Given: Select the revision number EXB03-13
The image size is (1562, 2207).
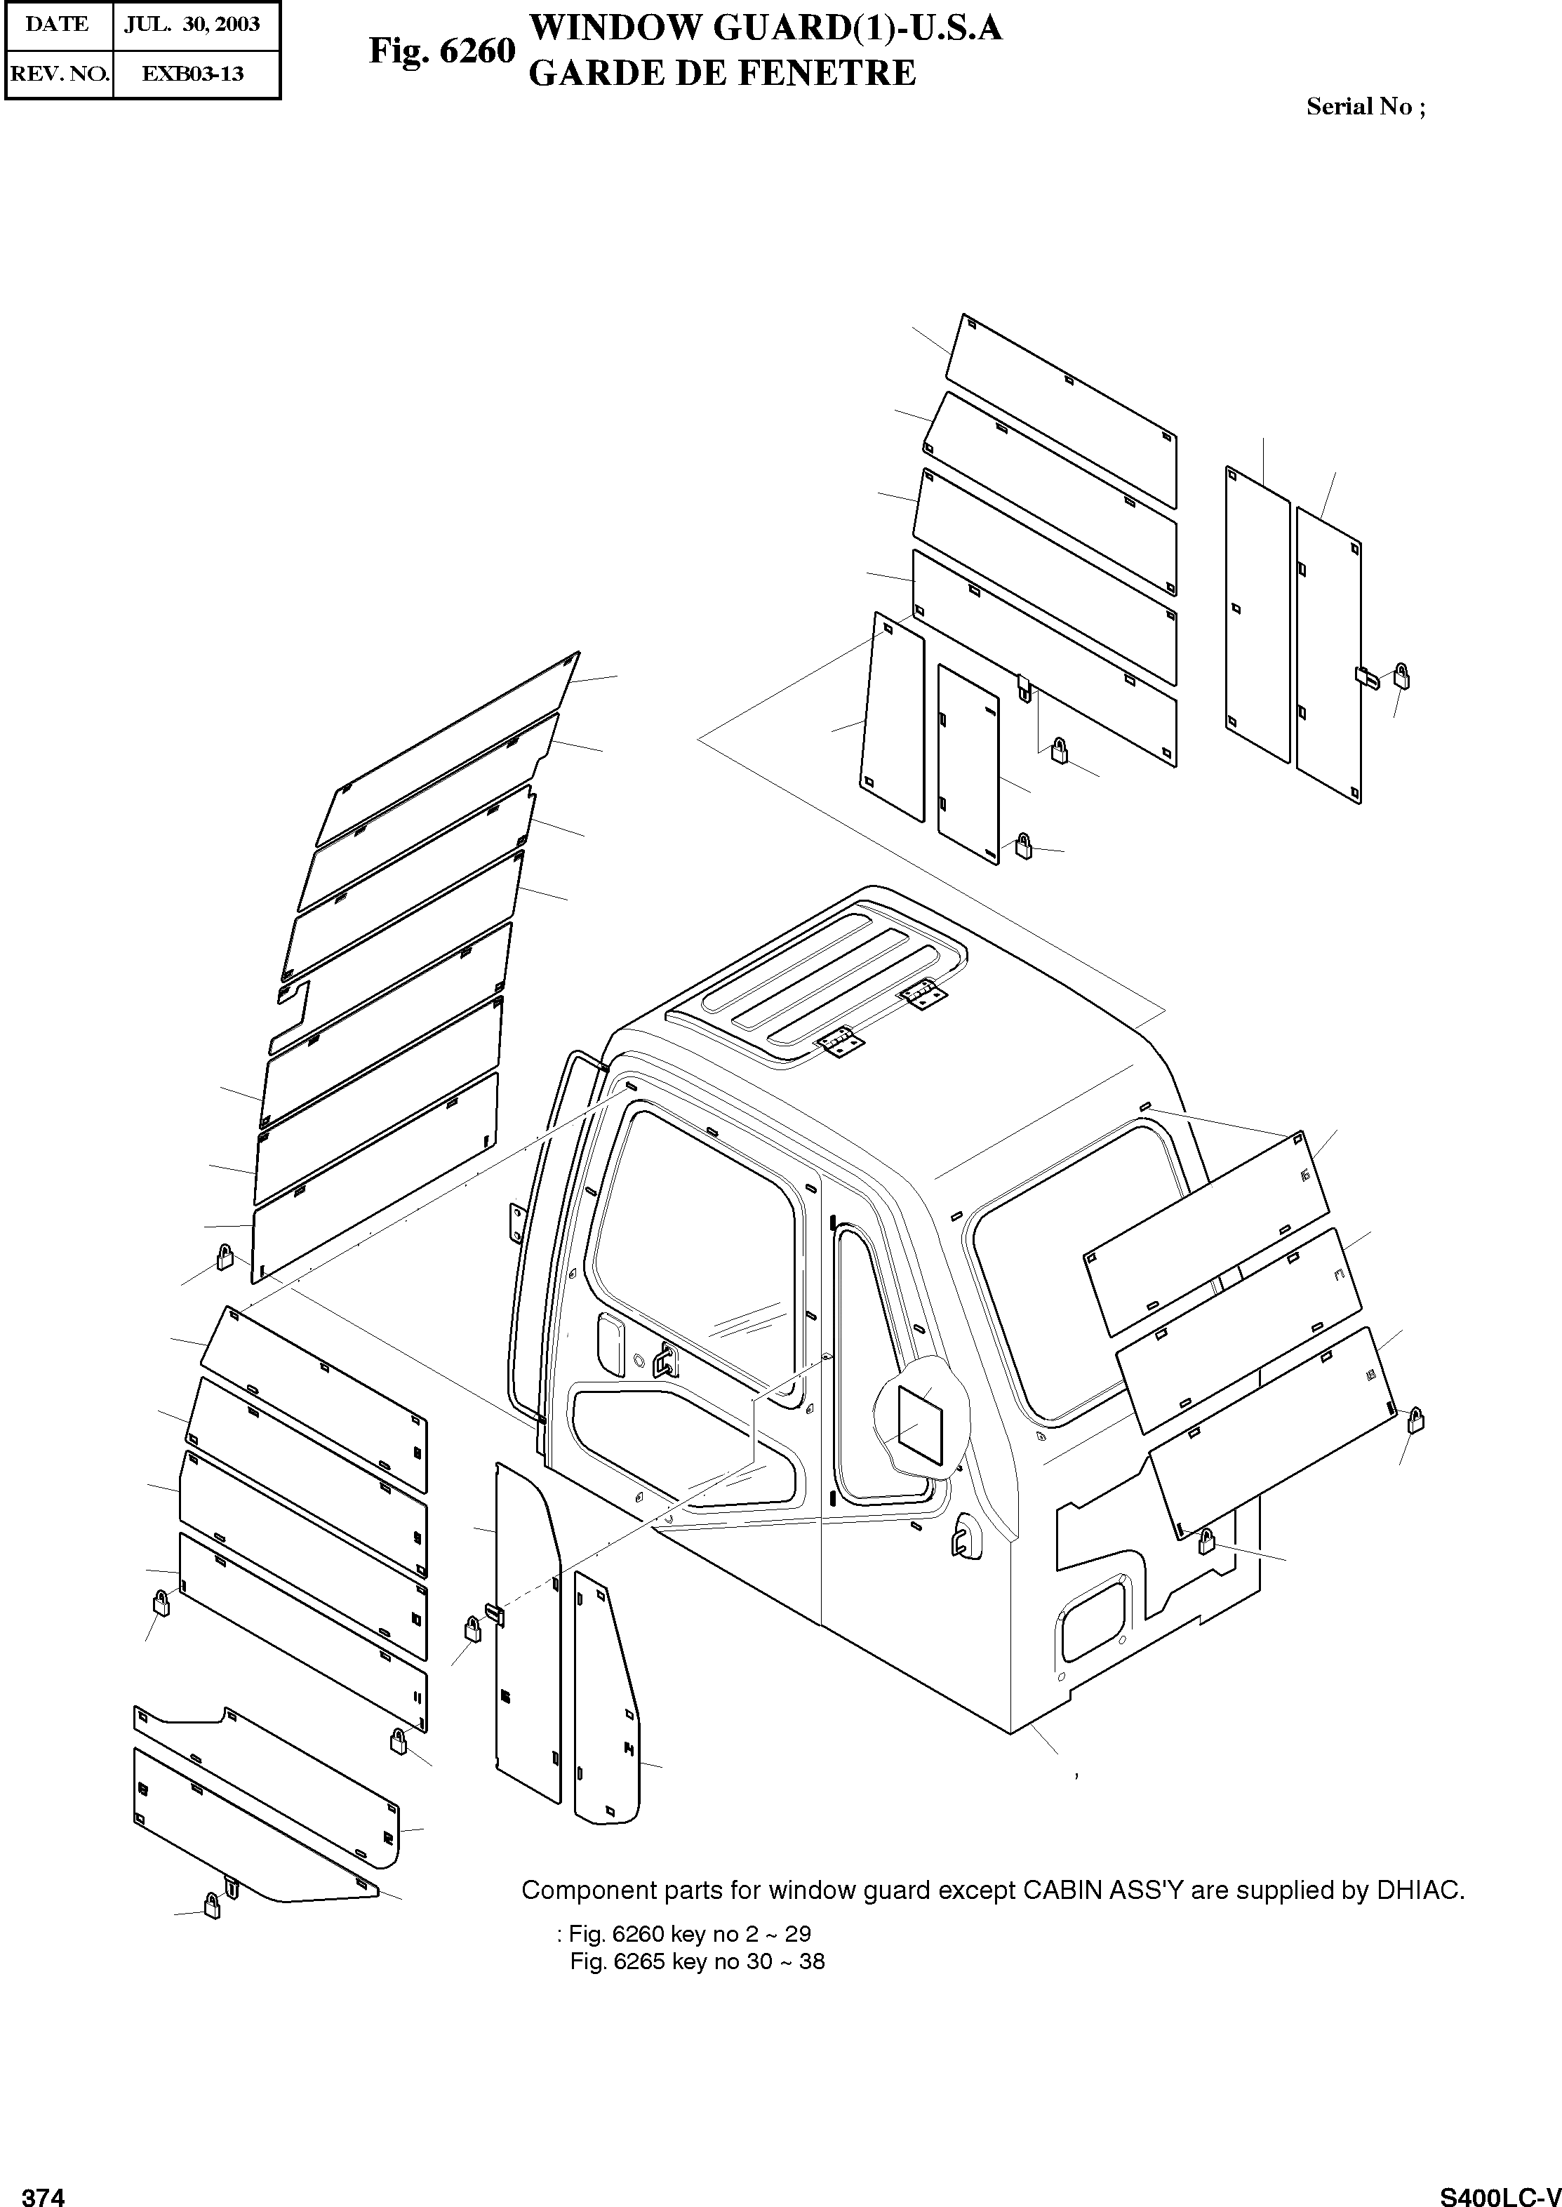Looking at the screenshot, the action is [192, 73].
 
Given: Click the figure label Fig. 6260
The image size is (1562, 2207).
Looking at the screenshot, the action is [441, 51].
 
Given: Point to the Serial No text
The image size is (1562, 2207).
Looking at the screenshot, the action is [1365, 107].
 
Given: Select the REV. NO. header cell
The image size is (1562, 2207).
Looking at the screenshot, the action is [59, 73].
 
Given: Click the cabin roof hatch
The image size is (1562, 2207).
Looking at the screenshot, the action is [817, 981].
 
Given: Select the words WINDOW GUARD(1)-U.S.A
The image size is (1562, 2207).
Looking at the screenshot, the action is [766, 29].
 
